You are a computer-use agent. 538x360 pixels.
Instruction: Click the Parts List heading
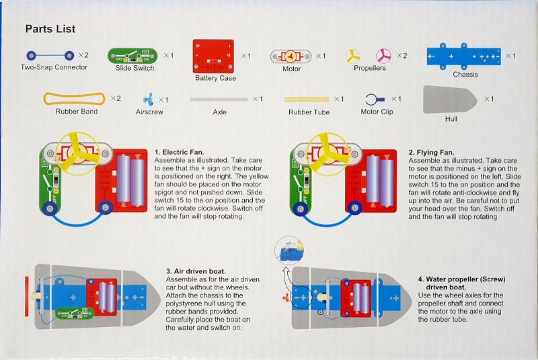[50, 29]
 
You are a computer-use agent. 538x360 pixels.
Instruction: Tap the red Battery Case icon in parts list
[213, 56]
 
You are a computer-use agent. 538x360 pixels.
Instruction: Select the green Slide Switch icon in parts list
[132, 56]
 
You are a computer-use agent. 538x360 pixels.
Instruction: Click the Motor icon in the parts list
[291, 56]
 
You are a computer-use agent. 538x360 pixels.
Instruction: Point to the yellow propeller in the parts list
[353, 56]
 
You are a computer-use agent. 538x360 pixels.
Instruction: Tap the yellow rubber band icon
[74, 99]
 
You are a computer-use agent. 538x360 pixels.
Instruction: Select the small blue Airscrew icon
[147, 100]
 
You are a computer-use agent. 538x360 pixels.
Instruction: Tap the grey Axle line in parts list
[219, 100]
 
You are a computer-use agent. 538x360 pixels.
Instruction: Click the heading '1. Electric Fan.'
[179, 153]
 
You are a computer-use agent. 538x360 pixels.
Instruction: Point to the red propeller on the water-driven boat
[285, 296]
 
